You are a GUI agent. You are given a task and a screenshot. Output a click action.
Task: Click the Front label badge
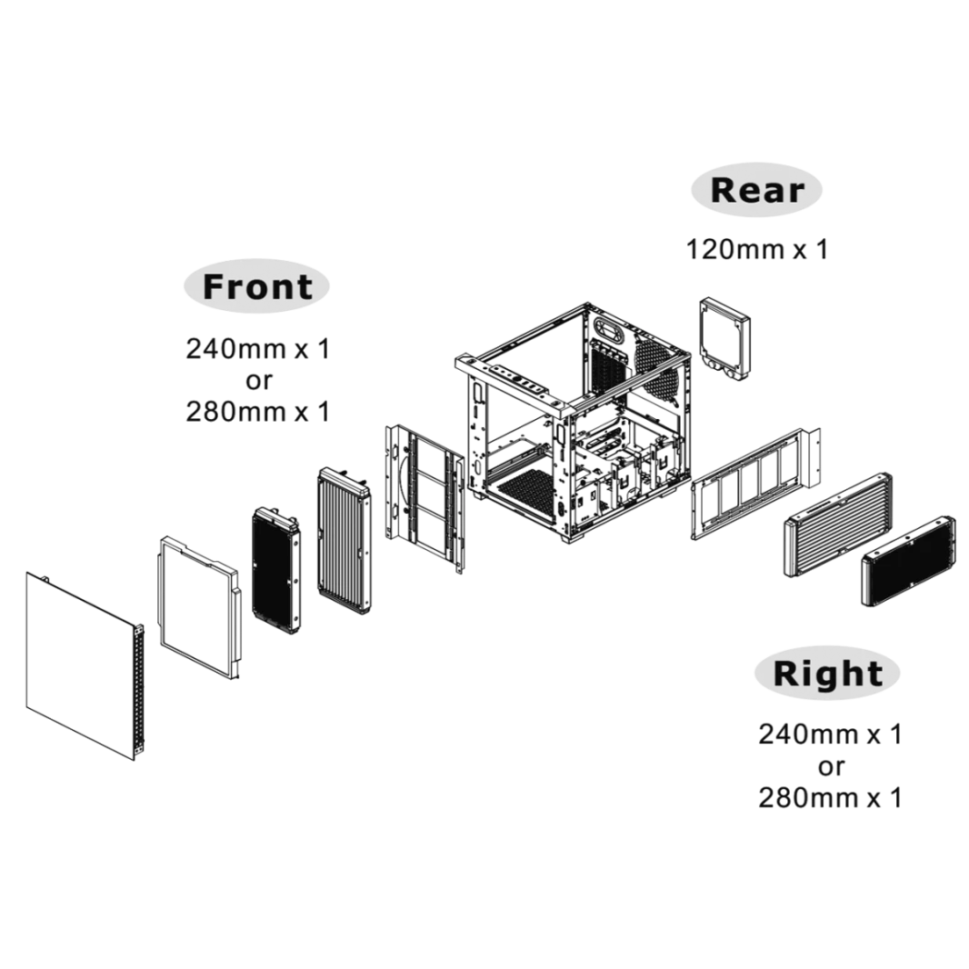pyautogui.click(x=258, y=286)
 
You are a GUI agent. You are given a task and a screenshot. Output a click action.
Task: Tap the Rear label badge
pyautogui.click(x=756, y=191)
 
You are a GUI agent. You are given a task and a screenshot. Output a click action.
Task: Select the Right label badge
pyautogui.click(x=826, y=674)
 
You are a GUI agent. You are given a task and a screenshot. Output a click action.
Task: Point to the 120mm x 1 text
pyautogui.click(x=756, y=248)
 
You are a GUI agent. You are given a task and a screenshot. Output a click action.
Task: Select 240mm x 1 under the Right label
pyautogui.click(x=829, y=734)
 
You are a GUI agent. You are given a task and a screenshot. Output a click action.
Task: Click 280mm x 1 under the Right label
pyautogui.click(x=829, y=798)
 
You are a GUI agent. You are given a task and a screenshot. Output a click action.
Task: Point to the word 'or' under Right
pyautogui.click(x=830, y=766)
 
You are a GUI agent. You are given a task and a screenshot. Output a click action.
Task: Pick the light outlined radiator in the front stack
pyautogui.click(x=342, y=542)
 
